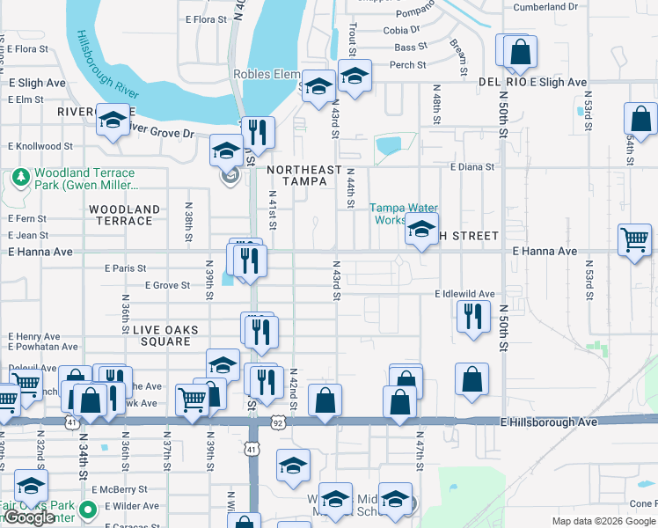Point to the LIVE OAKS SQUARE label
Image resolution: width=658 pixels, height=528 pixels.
tap(165, 330)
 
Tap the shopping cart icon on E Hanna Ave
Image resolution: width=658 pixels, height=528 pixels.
tap(633, 239)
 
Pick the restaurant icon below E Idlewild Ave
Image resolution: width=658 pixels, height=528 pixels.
tap(473, 317)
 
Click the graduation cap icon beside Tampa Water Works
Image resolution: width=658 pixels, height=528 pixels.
tap(421, 231)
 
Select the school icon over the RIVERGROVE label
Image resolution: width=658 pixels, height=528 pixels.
tap(113, 122)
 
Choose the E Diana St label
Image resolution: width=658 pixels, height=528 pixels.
tap(472, 166)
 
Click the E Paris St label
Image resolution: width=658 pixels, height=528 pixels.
tap(125, 268)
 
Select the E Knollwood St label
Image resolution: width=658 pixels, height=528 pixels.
tap(40, 146)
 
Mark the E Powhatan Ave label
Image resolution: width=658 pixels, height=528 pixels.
tap(38, 348)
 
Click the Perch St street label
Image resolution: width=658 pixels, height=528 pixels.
tap(407, 65)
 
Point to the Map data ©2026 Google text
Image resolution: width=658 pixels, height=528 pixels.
tap(603, 521)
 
